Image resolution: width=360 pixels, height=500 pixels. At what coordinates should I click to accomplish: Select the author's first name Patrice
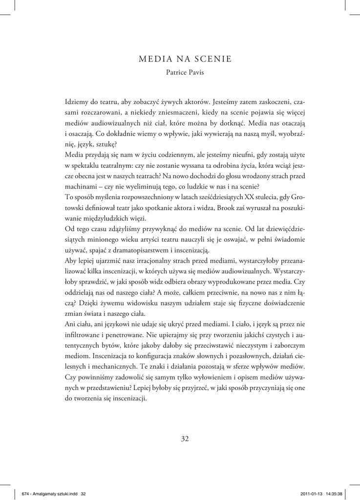point(177,73)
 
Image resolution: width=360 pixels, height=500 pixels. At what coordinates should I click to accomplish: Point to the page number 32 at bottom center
point(185,438)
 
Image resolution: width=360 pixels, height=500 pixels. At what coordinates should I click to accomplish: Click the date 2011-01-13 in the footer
point(310,494)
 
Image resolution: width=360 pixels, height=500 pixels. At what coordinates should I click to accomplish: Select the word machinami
point(81,187)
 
